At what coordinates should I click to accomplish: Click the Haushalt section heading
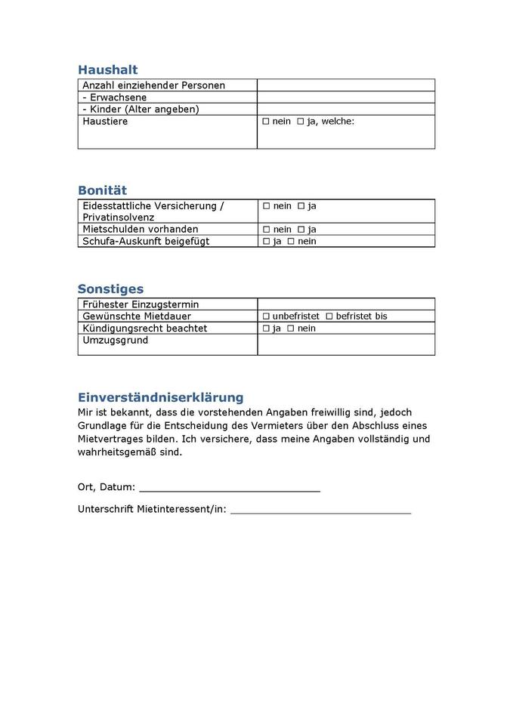click(107, 69)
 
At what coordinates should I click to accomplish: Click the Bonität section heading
click(102, 190)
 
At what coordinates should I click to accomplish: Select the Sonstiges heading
click(110, 288)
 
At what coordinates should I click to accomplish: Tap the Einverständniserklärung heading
click(160, 397)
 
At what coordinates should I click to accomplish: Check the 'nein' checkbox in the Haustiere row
click(266, 122)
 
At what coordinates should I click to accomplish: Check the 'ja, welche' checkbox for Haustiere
click(301, 122)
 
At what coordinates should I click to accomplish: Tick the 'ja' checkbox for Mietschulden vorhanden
click(301, 230)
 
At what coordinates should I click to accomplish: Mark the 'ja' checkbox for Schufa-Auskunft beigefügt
click(266, 242)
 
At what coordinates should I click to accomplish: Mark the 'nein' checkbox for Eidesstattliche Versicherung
click(266, 206)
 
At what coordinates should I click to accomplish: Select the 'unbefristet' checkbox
click(266, 316)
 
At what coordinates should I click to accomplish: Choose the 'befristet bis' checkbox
click(329, 316)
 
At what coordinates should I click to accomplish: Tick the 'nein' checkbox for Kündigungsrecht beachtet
click(290, 329)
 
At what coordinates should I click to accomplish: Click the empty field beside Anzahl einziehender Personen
click(345, 85)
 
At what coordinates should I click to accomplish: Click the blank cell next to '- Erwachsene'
click(345, 97)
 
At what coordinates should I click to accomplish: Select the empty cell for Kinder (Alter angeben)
click(345, 110)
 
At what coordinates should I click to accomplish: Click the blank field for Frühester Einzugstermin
click(345, 304)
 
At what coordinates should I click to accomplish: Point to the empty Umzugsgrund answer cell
click(345, 344)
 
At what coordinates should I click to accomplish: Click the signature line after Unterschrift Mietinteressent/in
click(320, 511)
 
